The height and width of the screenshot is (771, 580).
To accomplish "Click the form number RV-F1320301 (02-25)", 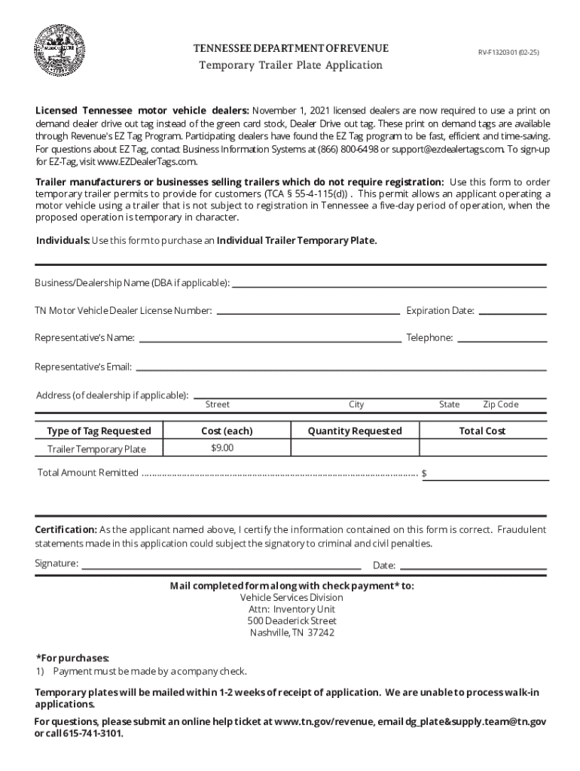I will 508,53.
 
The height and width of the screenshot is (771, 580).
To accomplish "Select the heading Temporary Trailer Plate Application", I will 290,66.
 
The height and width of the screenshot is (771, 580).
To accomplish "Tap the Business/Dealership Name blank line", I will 389,285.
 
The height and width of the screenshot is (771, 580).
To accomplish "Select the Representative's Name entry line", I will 270,339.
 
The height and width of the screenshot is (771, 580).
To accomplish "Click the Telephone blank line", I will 502,339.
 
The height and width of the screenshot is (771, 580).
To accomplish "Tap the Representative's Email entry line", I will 340,367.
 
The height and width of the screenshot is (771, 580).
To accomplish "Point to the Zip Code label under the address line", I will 500,405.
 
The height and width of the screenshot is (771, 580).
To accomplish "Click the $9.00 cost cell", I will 222,448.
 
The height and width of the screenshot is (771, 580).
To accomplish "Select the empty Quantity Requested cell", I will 355,449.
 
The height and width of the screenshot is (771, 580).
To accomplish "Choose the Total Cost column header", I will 482,431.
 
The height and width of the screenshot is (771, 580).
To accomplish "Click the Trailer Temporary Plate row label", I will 96,449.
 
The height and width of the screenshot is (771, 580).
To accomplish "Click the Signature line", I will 221,565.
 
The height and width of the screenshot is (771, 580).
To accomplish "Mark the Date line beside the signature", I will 472,566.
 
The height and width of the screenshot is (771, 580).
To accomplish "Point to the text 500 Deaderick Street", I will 292,621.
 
